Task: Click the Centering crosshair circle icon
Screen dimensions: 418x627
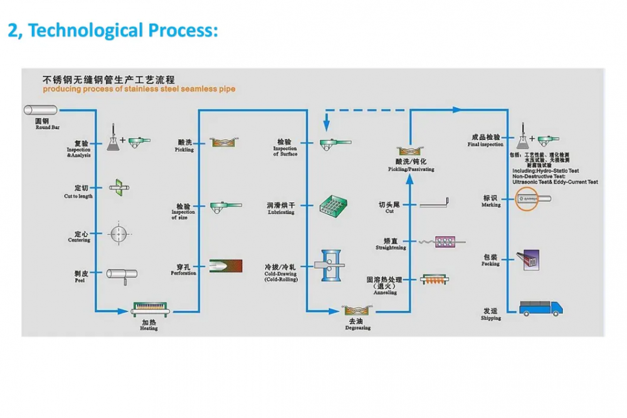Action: [x=119, y=234]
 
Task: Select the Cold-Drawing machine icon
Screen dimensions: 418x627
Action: [x=332, y=266]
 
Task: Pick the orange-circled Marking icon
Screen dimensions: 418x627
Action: [x=535, y=200]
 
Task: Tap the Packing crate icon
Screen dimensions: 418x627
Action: [x=529, y=259]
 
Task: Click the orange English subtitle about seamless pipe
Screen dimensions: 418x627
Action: [x=139, y=89]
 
